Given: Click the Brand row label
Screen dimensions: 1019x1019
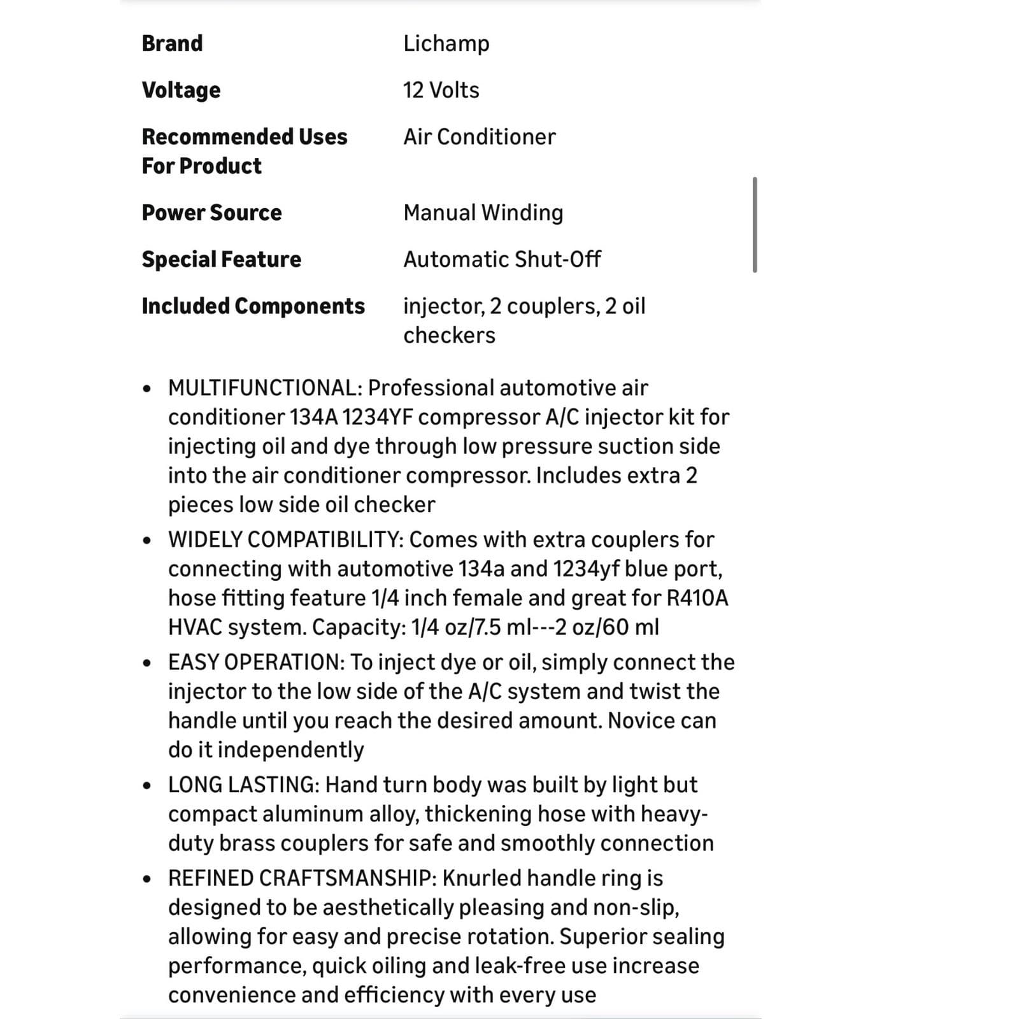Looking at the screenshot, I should coord(172,43).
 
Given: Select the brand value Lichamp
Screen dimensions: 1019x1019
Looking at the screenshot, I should coord(446,43).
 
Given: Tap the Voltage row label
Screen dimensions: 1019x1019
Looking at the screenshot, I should coord(181,90).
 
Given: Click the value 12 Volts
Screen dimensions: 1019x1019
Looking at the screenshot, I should coord(441,90).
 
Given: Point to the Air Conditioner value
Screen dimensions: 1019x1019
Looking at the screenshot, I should coord(479,137).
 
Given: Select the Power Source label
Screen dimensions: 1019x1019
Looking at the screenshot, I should coord(211,213).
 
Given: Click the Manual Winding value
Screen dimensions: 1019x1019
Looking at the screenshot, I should coord(483,213).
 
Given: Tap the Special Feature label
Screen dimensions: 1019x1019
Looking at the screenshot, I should coord(221,259).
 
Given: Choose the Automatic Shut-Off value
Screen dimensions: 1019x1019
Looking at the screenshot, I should coord(502,259).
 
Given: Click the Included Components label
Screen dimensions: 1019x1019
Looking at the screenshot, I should coord(253,306).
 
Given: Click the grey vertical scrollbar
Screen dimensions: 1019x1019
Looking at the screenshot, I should coord(755,225).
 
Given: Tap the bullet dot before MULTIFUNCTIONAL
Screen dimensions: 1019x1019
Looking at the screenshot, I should coord(147,388).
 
